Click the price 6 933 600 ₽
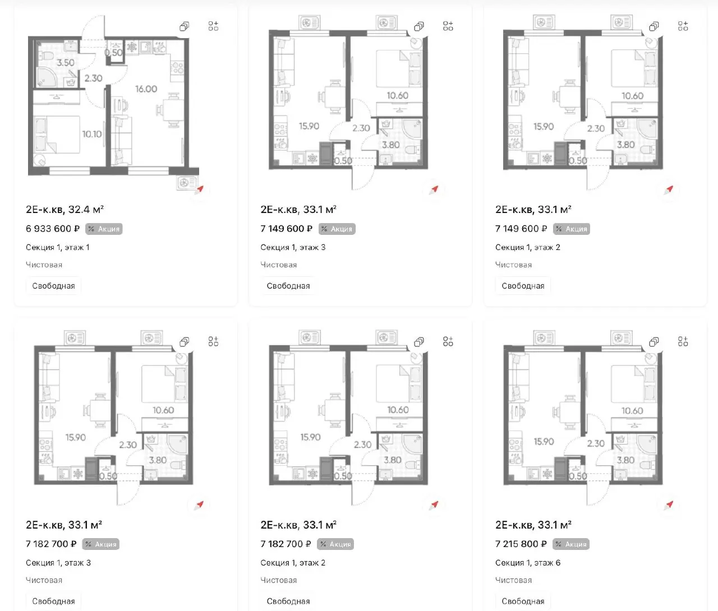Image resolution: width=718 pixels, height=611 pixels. (53, 229)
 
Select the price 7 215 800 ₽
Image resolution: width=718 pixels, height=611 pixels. (521, 544)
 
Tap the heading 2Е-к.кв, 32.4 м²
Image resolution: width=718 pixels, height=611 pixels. (65, 209)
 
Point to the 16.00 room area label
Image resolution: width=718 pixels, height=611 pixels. (146, 89)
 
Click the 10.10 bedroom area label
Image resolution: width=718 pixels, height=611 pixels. (91, 134)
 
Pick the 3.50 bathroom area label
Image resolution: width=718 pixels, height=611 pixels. (65, 62)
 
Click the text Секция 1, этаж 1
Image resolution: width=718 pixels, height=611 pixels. (58, 248)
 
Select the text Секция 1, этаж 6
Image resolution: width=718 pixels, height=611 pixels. (528, 563)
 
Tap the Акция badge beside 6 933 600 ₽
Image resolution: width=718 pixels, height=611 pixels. (104, 229)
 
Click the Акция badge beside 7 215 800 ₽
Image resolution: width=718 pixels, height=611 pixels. (571, 544)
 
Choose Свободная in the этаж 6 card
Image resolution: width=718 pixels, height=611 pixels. (523, 601)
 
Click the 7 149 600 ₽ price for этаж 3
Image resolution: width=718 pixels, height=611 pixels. (286, 229)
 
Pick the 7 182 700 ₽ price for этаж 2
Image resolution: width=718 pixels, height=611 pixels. (286, 544)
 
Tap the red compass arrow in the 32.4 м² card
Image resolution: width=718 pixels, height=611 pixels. (200, 189)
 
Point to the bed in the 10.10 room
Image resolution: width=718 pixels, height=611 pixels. (57, 135)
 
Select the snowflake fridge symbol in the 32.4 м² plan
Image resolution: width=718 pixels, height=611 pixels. (132, 47)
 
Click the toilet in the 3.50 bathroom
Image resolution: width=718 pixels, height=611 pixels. (46, 55)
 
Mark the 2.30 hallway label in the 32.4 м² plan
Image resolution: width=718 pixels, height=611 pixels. (93, 78)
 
